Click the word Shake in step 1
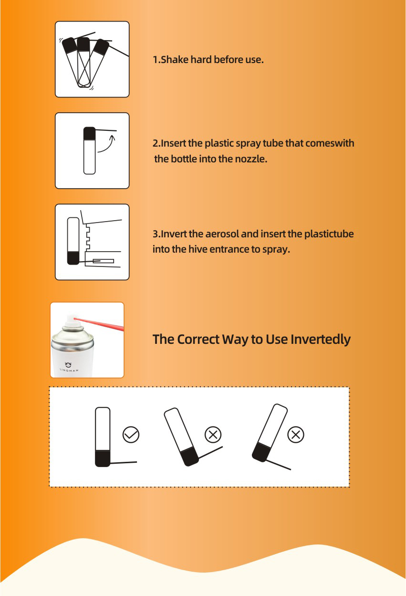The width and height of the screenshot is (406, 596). point(175,59)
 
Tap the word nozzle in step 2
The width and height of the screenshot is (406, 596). point(251,159)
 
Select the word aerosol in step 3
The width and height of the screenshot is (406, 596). point(222,234)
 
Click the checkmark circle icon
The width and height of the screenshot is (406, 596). point(131,435)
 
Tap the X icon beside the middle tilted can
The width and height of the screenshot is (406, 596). point(213,435)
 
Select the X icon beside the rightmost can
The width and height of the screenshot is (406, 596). point(296,435)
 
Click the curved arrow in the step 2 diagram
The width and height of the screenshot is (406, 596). point(107,145)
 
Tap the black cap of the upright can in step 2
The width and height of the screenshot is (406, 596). point(89,133)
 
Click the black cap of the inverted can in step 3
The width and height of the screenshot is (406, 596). point(73,258)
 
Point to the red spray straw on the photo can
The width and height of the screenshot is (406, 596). point(99,323)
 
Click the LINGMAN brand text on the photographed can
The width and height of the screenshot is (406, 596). point(69,370)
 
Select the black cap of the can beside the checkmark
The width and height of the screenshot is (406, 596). point(103,458)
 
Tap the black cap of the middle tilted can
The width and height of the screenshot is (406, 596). point(189,457)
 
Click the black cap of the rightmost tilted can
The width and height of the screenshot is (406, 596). point(261,453)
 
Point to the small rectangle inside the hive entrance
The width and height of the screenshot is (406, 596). point(104,261)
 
